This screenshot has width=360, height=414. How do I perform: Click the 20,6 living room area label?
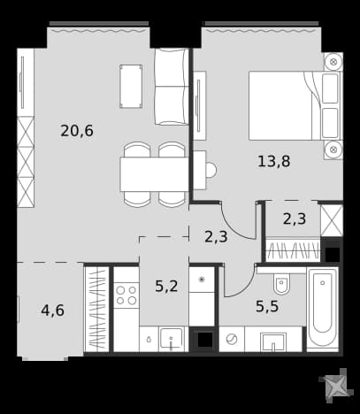tap(77, 131)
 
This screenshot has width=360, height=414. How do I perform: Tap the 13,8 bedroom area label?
tap(274, 162)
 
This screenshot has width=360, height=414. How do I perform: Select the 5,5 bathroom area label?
tap(267, 306)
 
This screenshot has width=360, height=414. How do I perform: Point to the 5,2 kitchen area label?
tap(166, 286)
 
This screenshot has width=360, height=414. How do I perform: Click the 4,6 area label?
tap(53, 310)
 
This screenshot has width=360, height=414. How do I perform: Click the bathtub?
tap(323, 310)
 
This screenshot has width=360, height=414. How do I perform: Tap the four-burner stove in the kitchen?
tap(126, 295)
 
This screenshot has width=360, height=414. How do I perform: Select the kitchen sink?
tap(171, 339)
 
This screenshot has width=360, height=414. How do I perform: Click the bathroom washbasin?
tap(273, 342)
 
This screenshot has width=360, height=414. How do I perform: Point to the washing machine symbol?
tap(232, 339)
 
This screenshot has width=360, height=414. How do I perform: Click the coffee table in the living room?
tap(131, 86)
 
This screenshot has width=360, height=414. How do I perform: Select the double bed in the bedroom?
tap(295, 105)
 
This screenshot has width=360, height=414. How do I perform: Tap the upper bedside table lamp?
tap(333, 62)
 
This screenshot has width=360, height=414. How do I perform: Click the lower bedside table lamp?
tap(333, 149)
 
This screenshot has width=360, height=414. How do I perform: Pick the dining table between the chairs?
tap(154, 174)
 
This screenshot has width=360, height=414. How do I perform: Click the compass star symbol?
tap(336, 386)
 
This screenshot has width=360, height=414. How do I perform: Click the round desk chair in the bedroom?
tap(211, 170)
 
